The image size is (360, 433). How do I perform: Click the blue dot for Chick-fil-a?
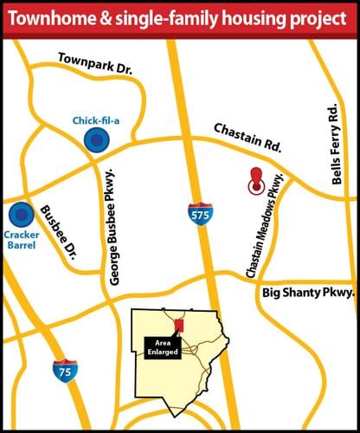91,142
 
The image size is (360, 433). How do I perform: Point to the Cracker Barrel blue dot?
18,213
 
